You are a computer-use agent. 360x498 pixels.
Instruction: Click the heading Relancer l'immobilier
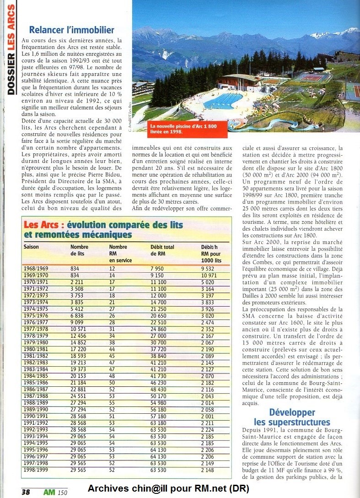coord(71,30)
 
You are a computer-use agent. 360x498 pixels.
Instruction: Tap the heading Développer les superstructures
coord(292,417)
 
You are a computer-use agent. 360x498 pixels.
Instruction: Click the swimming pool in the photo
coord(223,101)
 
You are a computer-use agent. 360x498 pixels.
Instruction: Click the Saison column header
coord(32,247)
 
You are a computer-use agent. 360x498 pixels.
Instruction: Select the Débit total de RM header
coord(162,250)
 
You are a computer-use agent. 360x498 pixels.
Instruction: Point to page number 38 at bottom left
coord(25,492)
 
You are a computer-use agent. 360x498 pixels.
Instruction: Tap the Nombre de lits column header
coord(80,250)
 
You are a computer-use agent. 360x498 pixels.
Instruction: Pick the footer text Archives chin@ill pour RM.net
coord(168,489)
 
